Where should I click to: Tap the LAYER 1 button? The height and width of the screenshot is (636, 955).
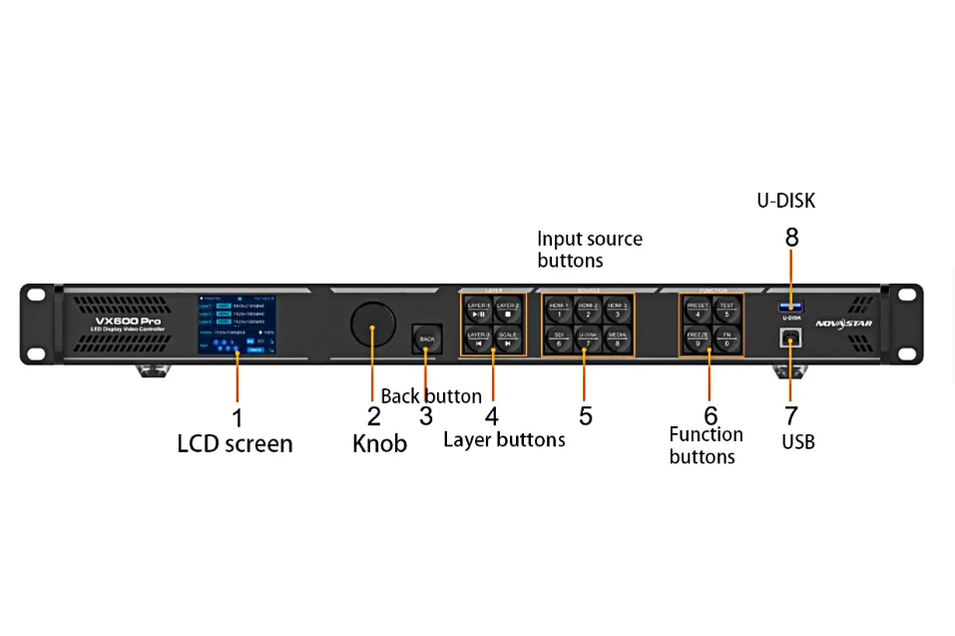click(x=478, y=310)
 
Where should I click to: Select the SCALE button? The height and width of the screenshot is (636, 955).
click(x=507, y=338)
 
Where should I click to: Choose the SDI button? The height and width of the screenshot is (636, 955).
click(x=559, y=338)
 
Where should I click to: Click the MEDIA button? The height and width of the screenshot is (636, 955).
click(x=617, y=338)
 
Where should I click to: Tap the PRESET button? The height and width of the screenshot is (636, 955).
click(x=698, y=310)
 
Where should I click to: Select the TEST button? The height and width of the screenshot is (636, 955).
click(x=726, y=310)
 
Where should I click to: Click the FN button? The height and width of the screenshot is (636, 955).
click(x=726, y=338)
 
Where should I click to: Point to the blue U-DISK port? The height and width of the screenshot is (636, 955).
click(x=790, y=306)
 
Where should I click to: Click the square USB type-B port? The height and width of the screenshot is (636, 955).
click(x=790, y=336)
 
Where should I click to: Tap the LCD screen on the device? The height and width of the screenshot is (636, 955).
click(x=237, y=325)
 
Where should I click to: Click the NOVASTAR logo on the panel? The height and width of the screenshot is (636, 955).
click(x=843, y=323)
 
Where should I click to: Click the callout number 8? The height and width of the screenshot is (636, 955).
click(x=791, y=238)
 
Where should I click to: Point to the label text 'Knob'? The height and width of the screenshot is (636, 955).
click(x=379, y=444)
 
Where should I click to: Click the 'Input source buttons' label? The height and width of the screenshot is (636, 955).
click(x=589, y=250)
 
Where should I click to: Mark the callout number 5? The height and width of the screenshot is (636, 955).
click(x=586, y=416)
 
